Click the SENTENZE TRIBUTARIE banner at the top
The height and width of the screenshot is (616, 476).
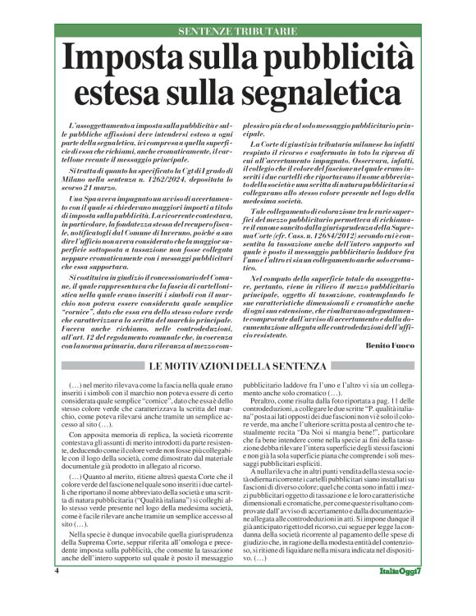pyautogui.click(x=238, y=31)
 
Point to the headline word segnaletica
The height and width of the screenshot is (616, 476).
pyautogui.click(x=309, y=94)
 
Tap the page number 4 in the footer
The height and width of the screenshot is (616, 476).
pyautogui.click(x=57, y=592)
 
